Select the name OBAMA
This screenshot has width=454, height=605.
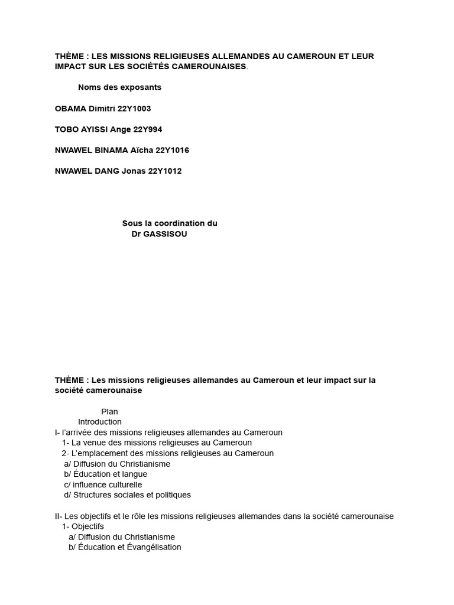pyautogui.click(x=70, y=109)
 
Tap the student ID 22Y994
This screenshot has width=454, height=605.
pyautogui.click(x=148, y=129)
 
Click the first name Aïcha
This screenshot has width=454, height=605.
pyautogui.click(x=141, y=150)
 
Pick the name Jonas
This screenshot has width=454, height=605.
pyautogui.click(x=134, y=171)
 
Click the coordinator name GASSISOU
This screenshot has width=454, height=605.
pyautogui.click(x=166, y=234)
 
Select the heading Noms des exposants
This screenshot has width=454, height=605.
pyautogui.click(x=119, y=87)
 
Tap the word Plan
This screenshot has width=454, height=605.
pyautogui.click(x=109, y=412)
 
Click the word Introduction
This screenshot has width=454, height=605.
pyautogui.click(x=100, y=422)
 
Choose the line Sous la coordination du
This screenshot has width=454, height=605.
pyautogui.click(x=170, y=223)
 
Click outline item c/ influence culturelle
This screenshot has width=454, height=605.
pyautogui.click(x=103, y=484)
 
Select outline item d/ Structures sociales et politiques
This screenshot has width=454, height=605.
pyautogui.click(x=127, y=495)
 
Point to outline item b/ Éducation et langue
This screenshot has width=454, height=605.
pyautogui.click(x=105, y=474)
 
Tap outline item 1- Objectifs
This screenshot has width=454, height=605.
pyautogui.click(x=83, y=526)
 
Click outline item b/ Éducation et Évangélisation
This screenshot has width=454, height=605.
pyautogui.click(x=125, y=547)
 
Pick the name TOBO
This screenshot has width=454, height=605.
pyautogui.click(x=67, y=129)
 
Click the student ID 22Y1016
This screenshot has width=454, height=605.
pyautogui.click(x=172, y=150)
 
